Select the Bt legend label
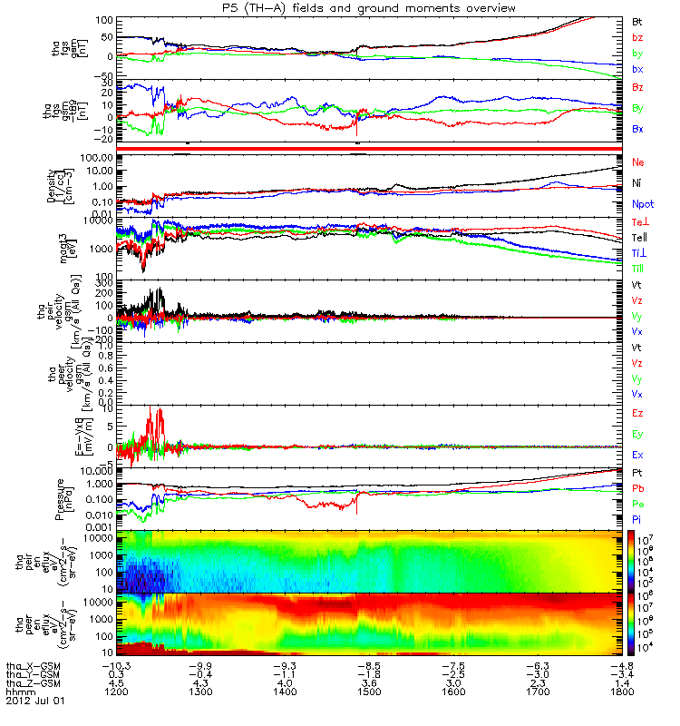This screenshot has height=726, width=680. point(637,20)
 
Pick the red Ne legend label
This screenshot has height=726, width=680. point(637,162)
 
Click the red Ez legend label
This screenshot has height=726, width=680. point(637,413)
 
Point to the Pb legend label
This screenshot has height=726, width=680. point(637,490)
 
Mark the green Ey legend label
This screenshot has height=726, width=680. point(637,434)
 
